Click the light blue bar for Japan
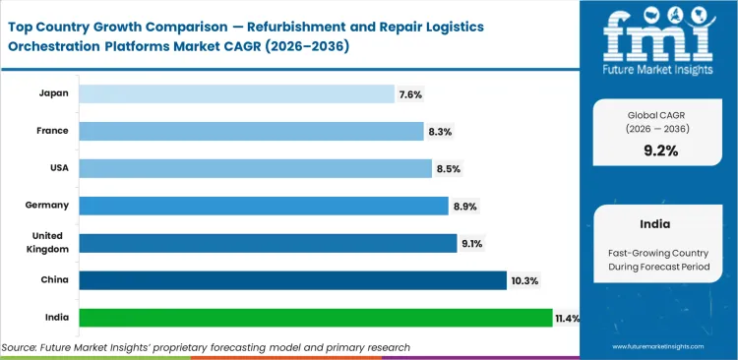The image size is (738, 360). tap(235, 93)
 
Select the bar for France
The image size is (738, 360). tap(251, 131)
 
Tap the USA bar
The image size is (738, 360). tap(255, 168)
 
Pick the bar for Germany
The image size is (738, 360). tap(264, 206)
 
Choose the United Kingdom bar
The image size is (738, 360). tap(268, 243)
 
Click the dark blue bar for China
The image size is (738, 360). tap(292, 280)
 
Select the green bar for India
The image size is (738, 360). tap(315, 318)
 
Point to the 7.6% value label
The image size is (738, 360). tap(411, 93)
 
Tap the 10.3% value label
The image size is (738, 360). tap(524, 280)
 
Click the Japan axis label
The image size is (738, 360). tap(53, 93)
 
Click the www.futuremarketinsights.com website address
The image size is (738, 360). tap(661, 347)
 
